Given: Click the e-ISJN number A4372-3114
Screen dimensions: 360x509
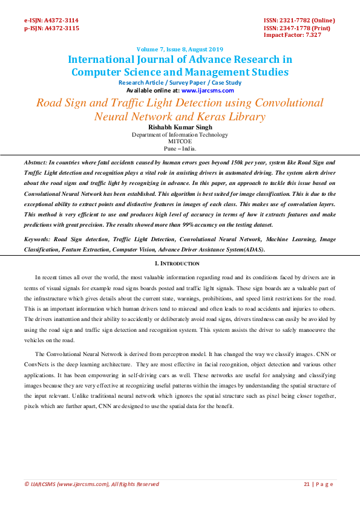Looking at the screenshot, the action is click(61, 20).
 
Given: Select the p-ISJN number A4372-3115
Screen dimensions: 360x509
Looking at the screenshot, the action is click(61, 28).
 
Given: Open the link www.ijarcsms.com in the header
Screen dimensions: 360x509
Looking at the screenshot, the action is click(208, 90).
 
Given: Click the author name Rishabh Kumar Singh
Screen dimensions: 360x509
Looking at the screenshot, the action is click(180, 127).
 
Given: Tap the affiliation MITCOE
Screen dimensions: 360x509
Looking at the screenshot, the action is click(180, 141).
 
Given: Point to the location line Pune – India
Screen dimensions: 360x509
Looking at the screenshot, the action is click(180, 148).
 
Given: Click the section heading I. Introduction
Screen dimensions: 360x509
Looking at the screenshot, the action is click(180, 264).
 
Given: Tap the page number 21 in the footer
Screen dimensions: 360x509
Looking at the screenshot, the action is click(306, 484).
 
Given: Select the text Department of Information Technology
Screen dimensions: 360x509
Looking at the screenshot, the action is click(180, 134).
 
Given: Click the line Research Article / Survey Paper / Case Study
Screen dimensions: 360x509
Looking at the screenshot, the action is click(180, 83).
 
